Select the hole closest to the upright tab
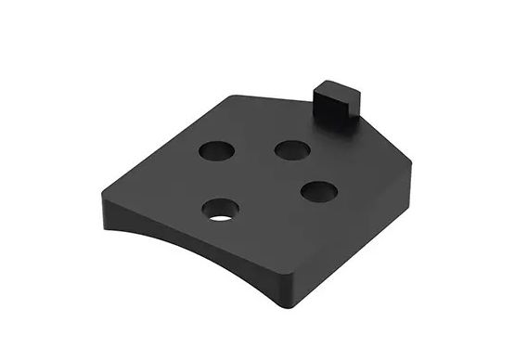[x=292, y=149]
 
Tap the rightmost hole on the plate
[x=318, y=192]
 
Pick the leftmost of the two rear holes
[x=215, y=150]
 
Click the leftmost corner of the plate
[x=98, y=193]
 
